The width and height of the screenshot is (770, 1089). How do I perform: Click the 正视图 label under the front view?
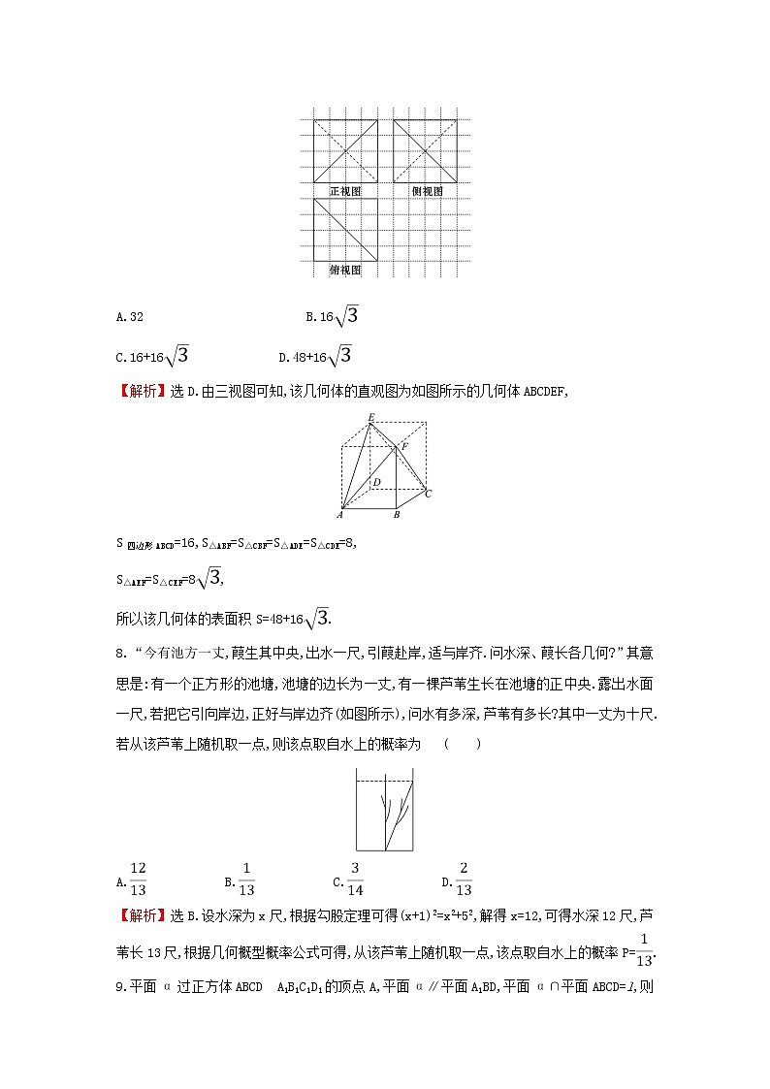(345, 191)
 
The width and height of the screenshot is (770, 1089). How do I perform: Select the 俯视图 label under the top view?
(345, 271)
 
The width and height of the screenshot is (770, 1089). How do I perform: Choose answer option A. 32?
(130, 316)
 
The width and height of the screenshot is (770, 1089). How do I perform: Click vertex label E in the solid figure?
(370, 418)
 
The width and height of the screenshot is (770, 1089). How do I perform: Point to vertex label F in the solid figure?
(404, 446)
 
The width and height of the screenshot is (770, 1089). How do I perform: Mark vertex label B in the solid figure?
(396, 515)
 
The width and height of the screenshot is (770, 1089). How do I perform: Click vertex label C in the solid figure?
(428, 495)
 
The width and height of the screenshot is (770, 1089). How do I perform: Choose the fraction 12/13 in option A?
(137, 879)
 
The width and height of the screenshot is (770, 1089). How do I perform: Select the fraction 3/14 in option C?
(355, 879)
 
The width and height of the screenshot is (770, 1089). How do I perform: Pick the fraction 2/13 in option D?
(464, 879)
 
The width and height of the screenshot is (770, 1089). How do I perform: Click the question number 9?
(119, 987)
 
